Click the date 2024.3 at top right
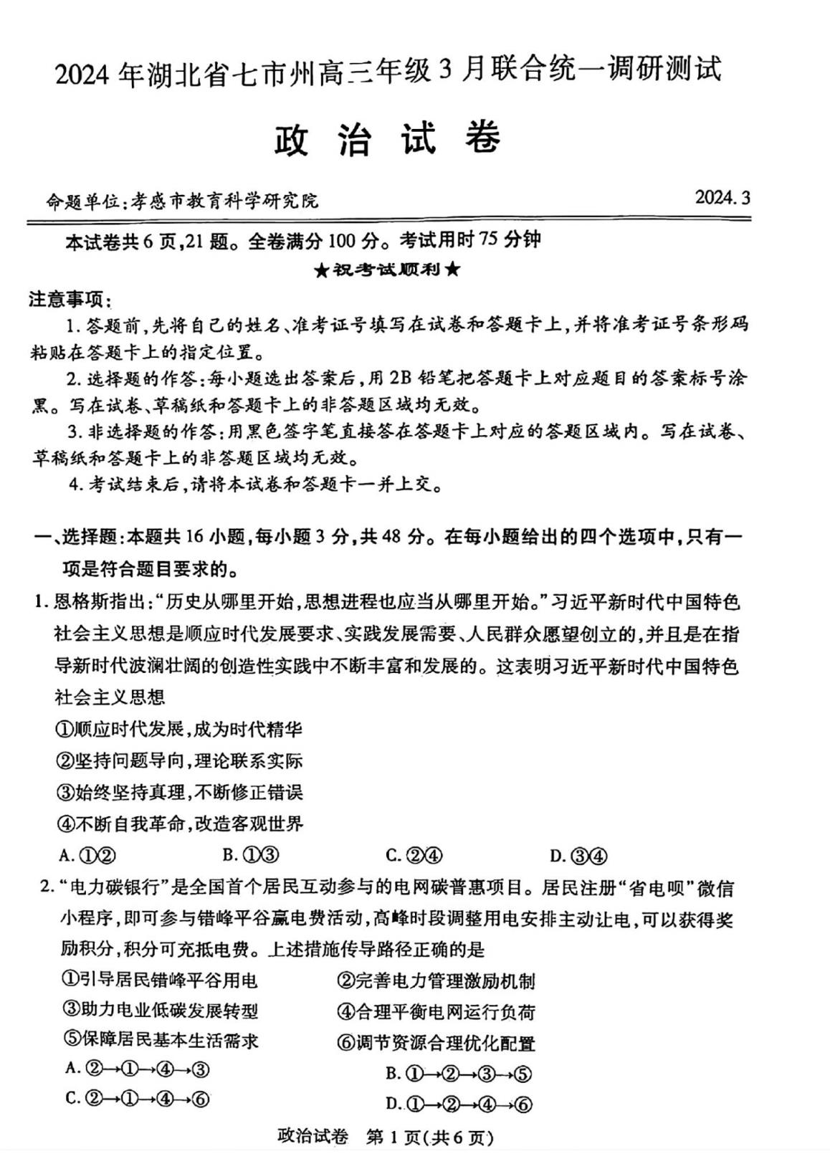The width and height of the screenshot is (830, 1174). [x=722, y=197]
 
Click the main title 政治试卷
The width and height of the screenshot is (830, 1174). [x=387, y=137]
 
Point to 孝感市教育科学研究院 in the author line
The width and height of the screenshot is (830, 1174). [x=221, y=201]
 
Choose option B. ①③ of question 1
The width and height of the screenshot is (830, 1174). [x=250, y=855]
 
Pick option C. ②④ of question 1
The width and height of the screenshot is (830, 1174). [x=414, y=855]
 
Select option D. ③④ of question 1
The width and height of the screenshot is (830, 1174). [x=578, y=856]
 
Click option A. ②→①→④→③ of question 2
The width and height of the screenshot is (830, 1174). [x=137, y=1069]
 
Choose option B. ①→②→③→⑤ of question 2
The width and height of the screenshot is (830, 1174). [x=459, y=1073]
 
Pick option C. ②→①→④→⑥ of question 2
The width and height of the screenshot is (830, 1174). [x=137, y=1098]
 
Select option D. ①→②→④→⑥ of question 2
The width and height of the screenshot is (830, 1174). [x=459, y=1104]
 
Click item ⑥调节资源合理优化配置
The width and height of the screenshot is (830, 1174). [x=436, y=1043]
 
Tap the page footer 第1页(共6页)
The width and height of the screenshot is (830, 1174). [x=430, y=1137]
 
